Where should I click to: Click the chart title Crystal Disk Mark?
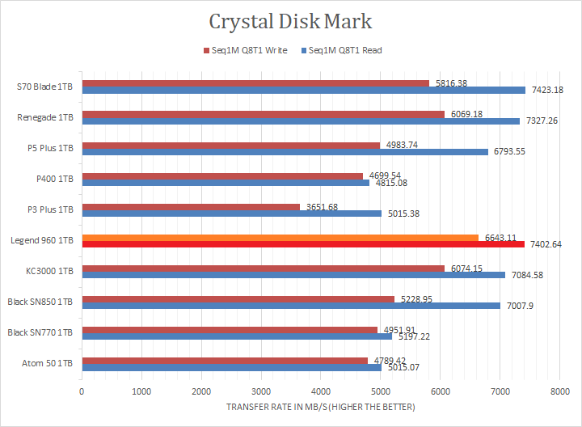click(x=291, y=20)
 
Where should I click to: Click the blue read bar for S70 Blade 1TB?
click(x=303, y=91)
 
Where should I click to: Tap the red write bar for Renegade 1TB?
click(x=263, y=114)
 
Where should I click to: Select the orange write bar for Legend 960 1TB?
click(x=280, y=237)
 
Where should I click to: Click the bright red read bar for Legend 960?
click(x=303, y=243)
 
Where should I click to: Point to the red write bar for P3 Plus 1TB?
click(x=191, y=206)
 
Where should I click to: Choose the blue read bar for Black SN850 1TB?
click(x=291, y=306)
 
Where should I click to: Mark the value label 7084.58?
click(x=526, y=275)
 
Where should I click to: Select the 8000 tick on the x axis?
click(x=559, y=391)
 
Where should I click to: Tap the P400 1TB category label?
click(x=55, y=179)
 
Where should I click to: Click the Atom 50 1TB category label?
click(x=50, y=363)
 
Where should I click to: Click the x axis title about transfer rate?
click(x=321, y=407)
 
